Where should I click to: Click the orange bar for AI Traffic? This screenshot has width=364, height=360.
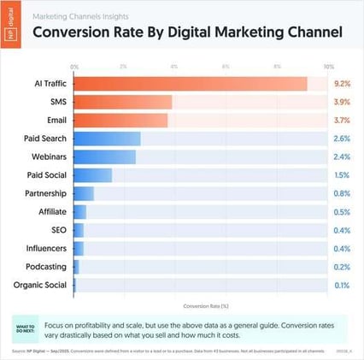(x=191, y=84)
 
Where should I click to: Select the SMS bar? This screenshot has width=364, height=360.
(x=123, y=102)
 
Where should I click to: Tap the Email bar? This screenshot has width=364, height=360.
(x=120, y=121)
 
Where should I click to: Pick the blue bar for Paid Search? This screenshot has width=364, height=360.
(x=107, y=139)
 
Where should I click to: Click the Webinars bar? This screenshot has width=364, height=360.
(x=104, y=156)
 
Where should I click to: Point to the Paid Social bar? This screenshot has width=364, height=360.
(x=92, y=175)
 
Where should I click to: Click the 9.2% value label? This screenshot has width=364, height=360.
(x=342, y=84)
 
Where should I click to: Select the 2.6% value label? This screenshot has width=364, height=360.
(x=342, y=139)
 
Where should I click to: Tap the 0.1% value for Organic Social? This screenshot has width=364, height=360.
(x=342, y=285)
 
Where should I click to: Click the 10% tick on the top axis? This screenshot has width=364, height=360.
(x=328, y=66)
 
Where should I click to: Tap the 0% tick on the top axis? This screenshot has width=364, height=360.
(x=74, y=66)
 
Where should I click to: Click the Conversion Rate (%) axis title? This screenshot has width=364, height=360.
(x=202, y=304)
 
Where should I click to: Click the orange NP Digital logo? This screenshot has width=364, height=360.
(x=12, y=25)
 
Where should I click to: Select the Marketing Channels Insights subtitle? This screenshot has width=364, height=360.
(x=81, y=15)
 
